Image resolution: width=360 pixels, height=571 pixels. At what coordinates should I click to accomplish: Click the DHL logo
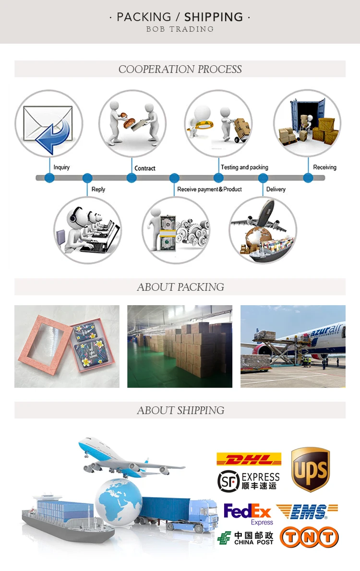click(249, 459)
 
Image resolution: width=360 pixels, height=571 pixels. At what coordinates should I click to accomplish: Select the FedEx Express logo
click(248, 513)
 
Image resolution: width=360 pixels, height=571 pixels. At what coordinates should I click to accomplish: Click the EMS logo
click(307, 512)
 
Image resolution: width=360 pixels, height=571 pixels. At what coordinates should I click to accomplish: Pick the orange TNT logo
click(309, 537)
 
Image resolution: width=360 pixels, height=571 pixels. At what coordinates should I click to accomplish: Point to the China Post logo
click(245, 538)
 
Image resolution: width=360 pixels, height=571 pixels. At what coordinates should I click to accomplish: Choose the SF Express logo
click(248, 480)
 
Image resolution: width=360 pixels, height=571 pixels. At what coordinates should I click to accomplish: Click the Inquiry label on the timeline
click(61, 167)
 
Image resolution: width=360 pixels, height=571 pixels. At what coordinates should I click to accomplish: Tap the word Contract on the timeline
click(145, 168)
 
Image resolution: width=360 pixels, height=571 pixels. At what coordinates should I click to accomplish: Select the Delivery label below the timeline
click(276, 189)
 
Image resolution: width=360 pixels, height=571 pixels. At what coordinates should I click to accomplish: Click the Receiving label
click(324, 167)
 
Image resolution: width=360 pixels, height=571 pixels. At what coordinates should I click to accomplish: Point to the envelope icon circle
click(49, 123)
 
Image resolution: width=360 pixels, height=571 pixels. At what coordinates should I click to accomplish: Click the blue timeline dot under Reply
click(87, 178)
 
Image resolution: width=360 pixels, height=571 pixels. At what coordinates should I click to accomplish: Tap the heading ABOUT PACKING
click(180, 287)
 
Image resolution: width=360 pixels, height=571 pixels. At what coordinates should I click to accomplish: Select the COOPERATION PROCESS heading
click(180, 69)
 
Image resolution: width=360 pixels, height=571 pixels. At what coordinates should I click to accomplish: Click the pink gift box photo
click(67, 346)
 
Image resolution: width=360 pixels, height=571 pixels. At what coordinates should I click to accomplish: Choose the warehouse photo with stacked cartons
click(180, 346)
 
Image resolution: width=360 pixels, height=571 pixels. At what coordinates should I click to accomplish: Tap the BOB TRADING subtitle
click(180, 29)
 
